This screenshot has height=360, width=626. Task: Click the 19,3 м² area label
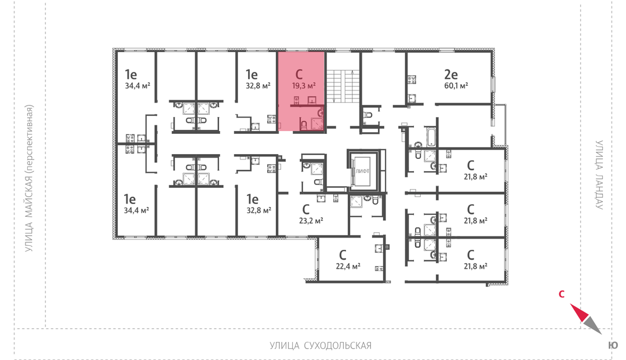(304, 86)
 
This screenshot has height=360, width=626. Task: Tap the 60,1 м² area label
(456, 86)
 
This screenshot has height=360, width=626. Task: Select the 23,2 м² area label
(311, 220)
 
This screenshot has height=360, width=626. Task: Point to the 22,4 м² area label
(348, 266)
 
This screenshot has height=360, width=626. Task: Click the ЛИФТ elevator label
(362, 171)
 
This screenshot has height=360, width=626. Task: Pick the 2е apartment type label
(451, 74)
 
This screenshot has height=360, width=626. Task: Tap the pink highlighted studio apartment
(301, 92)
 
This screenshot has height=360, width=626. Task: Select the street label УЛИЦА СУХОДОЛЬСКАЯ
(321, 346)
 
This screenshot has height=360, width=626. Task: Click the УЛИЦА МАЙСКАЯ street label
(29, 179)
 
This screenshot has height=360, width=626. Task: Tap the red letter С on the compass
(561, 294)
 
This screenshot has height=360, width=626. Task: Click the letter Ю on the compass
(613, 346)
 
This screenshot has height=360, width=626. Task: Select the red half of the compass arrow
(579, 312)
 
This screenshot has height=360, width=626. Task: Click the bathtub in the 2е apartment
(432, 136)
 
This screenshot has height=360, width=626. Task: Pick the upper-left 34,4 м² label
(137, 86)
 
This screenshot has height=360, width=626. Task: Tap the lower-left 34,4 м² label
(137, 210)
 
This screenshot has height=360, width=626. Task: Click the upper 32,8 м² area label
(258, 86)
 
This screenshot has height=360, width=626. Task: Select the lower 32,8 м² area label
(259, 210)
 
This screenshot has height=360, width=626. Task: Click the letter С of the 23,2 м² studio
(306, 209)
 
